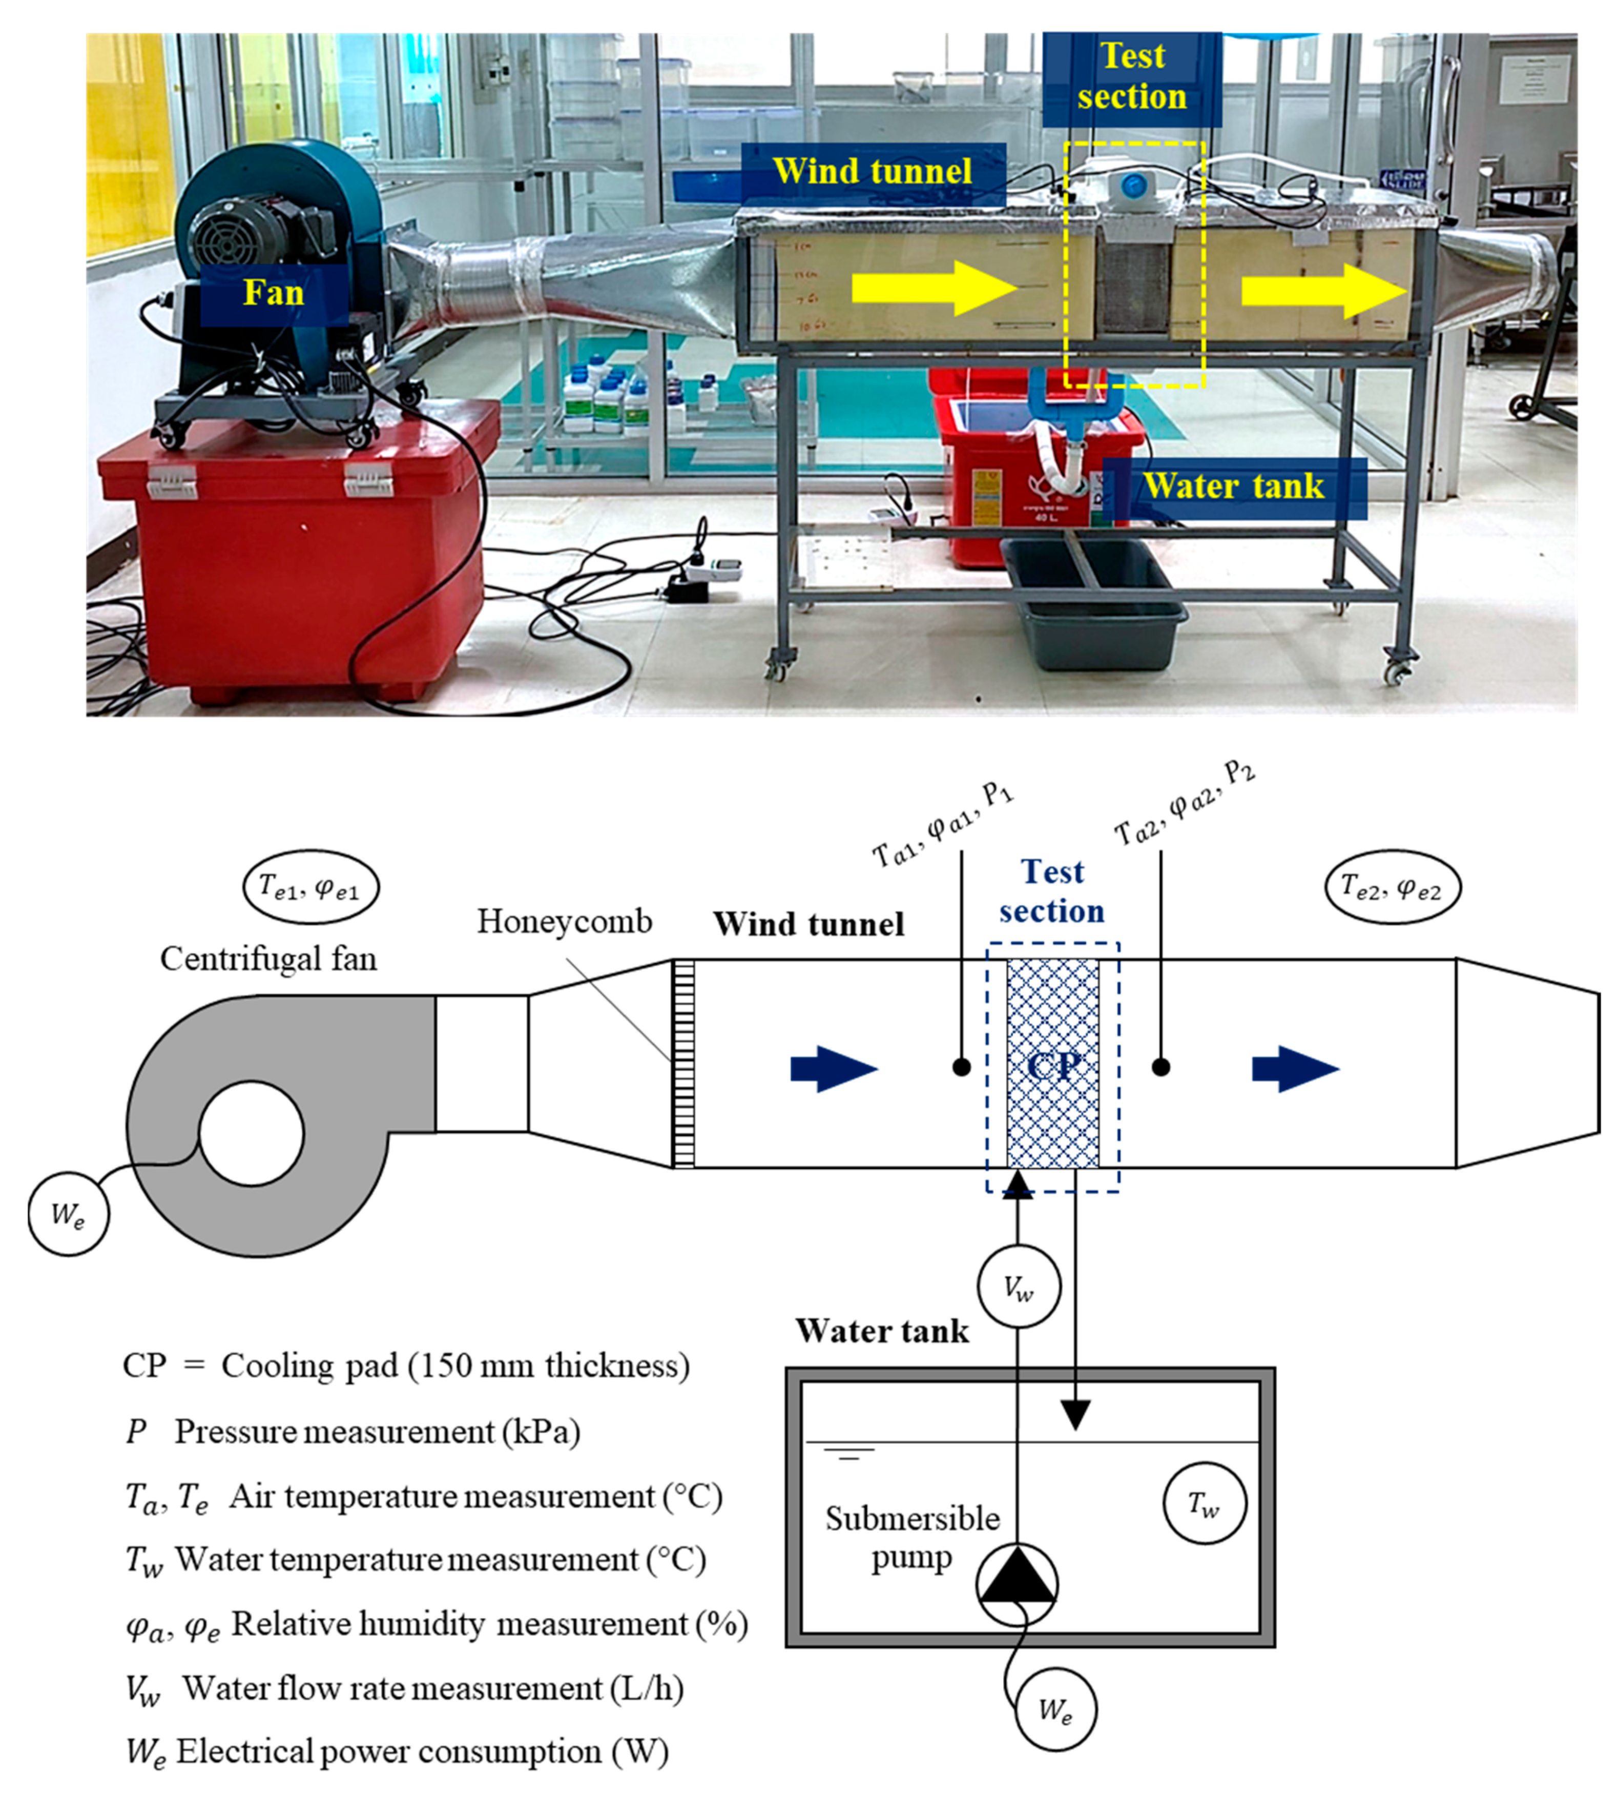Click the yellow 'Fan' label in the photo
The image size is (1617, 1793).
tap(274, 293)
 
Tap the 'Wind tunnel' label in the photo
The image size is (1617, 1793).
tap(873, 171)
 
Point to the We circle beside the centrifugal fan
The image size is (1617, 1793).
tap(69, 1214)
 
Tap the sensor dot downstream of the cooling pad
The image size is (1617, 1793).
tap(1160, 1067)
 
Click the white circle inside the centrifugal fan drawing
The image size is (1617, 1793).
tap(252, 1133)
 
